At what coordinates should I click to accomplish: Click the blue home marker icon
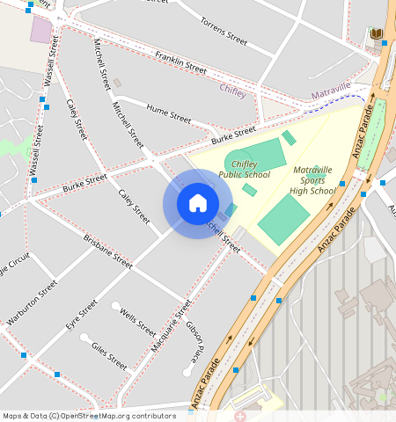click(x=198, y=203)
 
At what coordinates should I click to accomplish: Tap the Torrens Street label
click(x=224, y=30)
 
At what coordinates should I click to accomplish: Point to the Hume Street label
click(x=169, y=113)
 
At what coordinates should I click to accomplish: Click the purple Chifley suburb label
click(x=232, y=89)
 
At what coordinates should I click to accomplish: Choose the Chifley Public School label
click(x=251, y=169)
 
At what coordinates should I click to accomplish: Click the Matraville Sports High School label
click(x=313, y=179)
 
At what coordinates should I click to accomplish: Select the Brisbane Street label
click(x=107, y=251)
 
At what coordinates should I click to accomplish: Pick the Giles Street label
click(x=109, y=354)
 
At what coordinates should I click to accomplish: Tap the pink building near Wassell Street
click(x=41, y=30)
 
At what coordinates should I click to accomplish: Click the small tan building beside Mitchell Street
click(x=117, y=83)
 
